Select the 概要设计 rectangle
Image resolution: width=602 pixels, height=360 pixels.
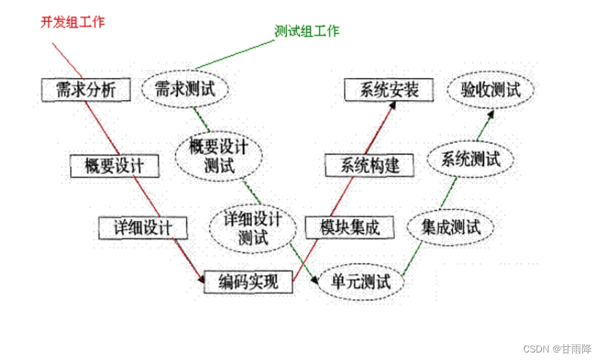click(114, 166)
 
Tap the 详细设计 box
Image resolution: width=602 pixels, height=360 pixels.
click(142, 228)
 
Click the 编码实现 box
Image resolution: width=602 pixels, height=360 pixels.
click(248, 281)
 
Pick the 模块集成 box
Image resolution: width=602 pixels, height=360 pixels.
click(351, 227)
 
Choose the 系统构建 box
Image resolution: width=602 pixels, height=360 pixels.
click(368, 165)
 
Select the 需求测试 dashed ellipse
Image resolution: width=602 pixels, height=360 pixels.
click(185, 90)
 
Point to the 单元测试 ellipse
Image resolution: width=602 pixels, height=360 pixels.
click(360, 281)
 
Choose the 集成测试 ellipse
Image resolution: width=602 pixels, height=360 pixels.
click(451, 227)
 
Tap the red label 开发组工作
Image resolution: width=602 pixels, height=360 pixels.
click(72, 21)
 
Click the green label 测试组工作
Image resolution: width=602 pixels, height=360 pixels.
click(307, 31)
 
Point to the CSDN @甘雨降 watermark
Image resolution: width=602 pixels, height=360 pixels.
click(557, 348)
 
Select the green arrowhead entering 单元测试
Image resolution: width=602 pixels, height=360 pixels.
click(313, 281)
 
